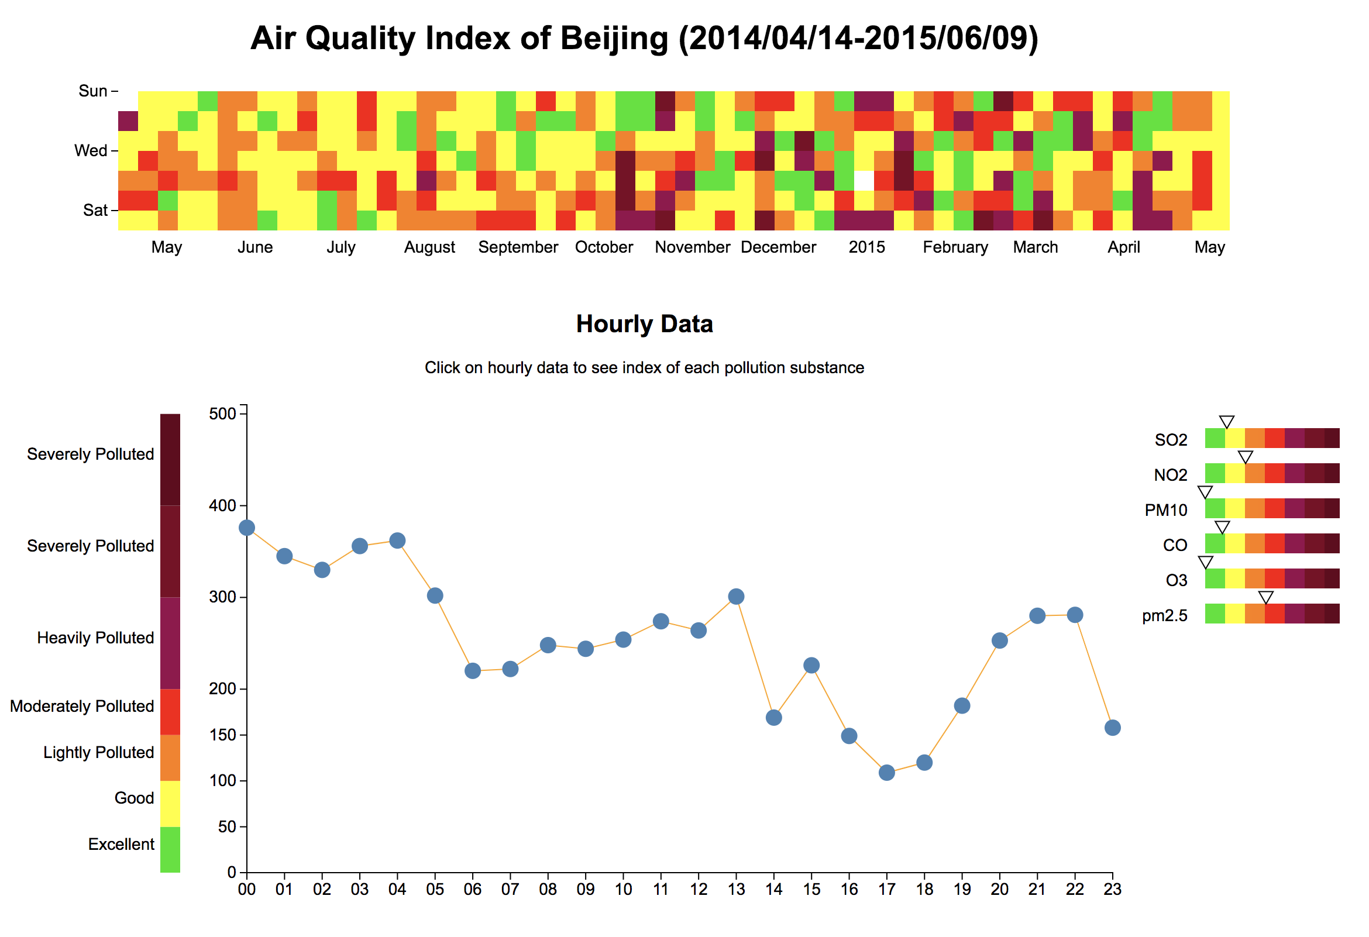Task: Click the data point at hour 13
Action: pos(736,597)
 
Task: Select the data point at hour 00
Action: pos(247,528)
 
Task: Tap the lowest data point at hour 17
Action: pos(886,773)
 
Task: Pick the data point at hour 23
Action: pos(1112,728)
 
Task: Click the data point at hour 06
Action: pos(473,671)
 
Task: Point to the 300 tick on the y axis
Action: pos(222,597)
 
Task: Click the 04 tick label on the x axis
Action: pos(397,889)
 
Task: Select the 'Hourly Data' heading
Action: pos(645,324)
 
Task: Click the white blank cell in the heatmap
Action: pos(864,180)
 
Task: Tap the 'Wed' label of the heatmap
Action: pos(91,151)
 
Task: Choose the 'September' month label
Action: pos(518,247)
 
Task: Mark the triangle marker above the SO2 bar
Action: pos(1226,422)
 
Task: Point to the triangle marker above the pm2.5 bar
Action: pos(1265,598)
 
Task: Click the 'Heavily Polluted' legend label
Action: pos(95,638)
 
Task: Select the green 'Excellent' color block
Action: pos(170,849)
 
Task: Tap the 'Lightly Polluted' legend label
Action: pos(98,753)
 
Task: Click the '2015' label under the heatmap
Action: pos(866,247)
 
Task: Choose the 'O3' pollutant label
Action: pos(1176,581)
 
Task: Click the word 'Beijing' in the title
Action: pos(614,39)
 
